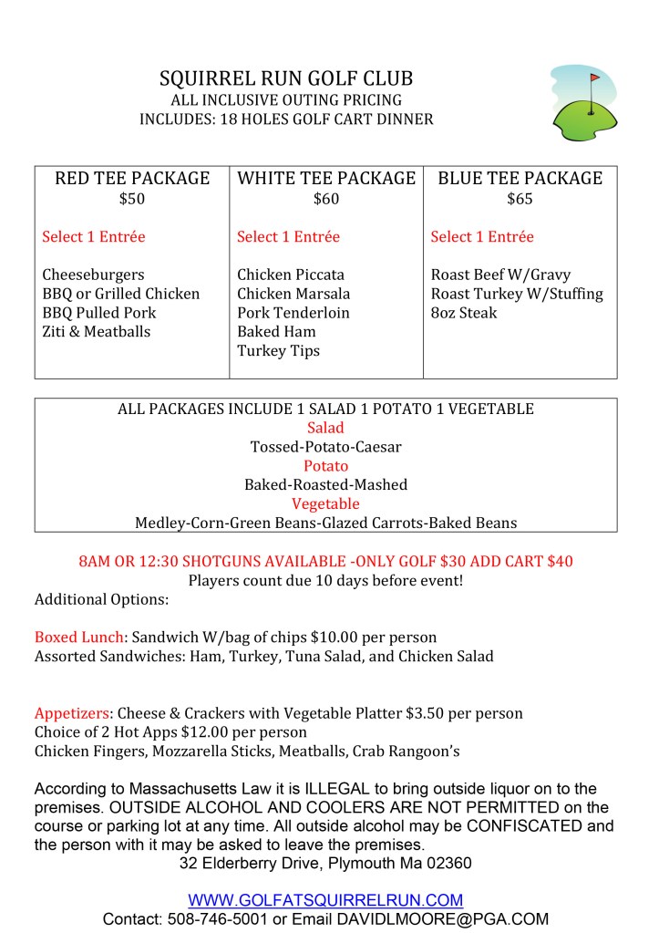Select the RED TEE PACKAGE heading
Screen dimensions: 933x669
132,178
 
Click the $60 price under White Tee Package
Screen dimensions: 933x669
325,199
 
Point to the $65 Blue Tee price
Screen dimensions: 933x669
520,199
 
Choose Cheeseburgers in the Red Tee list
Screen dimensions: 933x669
93,275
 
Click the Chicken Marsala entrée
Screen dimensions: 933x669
293,294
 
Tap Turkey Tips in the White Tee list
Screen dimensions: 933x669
279,351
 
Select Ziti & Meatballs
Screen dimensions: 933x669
97,332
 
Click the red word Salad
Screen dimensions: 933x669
325,428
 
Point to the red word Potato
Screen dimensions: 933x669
325,466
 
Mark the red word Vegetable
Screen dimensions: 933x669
325,504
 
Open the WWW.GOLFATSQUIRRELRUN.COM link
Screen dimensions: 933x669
325,900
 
